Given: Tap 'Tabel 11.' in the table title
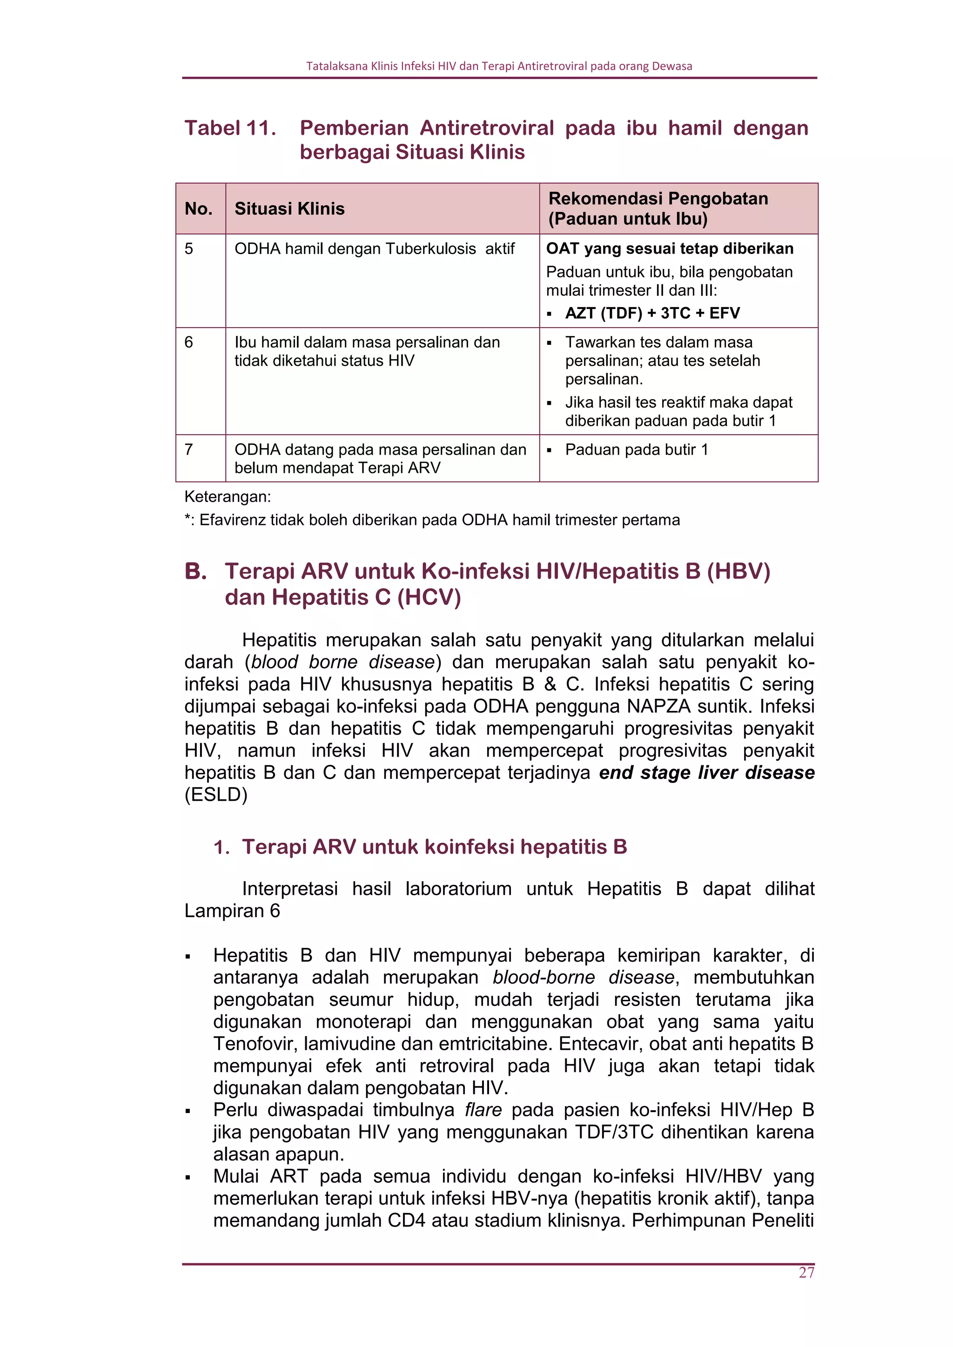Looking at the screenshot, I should pyautogui.click(x=230, y=128).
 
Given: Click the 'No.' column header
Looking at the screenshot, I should pyautogui.click(x=198, y=209).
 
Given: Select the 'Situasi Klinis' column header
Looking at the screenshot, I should pyautogui.click(x=289, y=209).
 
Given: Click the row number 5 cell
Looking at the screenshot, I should pyautogui.click(x=189, y=249).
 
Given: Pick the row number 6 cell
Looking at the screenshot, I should pyautogui.click(x=189, y=342).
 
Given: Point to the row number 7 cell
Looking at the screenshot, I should pyautogui.click(x=189, y=449).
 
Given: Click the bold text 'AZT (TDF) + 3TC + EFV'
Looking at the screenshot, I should pyautogui.click(x=652, y=313).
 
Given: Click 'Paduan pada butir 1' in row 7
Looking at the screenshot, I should pyautogui.click(x=636, y=449).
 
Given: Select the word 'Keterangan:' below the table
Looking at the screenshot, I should pyautogui.click(x=228, y=497).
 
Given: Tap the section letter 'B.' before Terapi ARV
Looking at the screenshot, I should pyautogui.click(x=195, y=571).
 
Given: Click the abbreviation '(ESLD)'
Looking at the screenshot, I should pyautogui.click(x=216, y=795).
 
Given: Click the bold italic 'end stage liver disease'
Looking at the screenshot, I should pyautogui.click(x=706, y=773).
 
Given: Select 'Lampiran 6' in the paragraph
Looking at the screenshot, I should pyautogui.click(x=232, y=911).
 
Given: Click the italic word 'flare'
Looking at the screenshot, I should pyautogui.click(x=483, y=1110).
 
